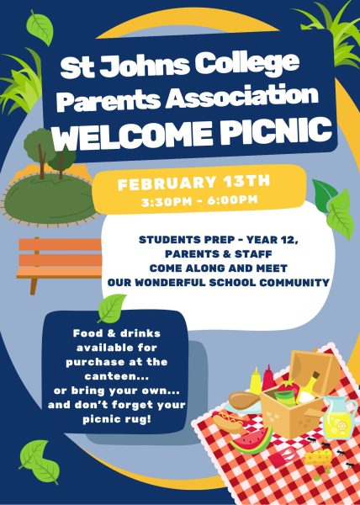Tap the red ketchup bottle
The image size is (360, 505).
(269, 376)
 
